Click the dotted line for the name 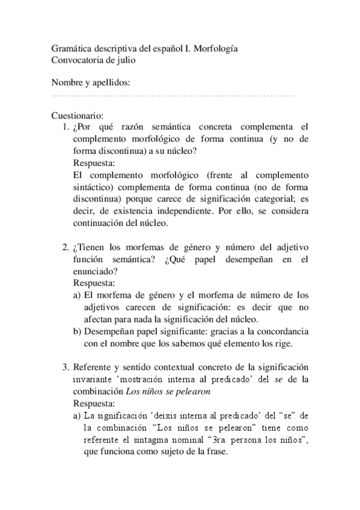pyautogui.click(x=174, y=96)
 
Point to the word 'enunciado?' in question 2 pyautogui.click(x=95, y=271)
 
